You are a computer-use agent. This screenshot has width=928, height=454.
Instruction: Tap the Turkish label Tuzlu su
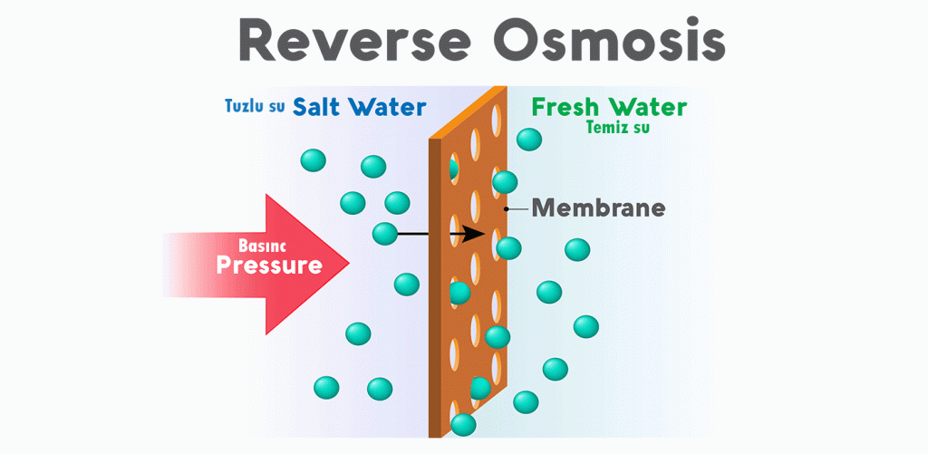[x=255, y=106]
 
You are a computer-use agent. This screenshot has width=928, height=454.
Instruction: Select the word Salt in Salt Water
[x=319, y=106]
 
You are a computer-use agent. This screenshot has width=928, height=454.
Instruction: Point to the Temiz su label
[x=617, y=128]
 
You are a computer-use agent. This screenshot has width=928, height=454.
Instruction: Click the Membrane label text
[x=598, y=208]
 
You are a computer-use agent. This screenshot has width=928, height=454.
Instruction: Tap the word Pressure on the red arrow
[x=269, y=266]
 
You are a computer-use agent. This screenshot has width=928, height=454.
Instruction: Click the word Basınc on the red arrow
[x=263, y=246]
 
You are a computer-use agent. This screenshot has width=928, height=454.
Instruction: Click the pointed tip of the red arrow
[x=349, y=265]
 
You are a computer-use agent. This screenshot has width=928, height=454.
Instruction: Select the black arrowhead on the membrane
[x=474, y=233]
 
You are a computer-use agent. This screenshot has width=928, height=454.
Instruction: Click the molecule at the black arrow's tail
[x=384, y=233]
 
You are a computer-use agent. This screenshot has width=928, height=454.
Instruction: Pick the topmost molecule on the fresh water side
[x=529, y=139]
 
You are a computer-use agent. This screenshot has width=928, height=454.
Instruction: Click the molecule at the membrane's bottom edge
[x=463, y=424]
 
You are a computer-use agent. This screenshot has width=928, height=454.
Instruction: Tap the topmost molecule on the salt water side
[x=313, y=160]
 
